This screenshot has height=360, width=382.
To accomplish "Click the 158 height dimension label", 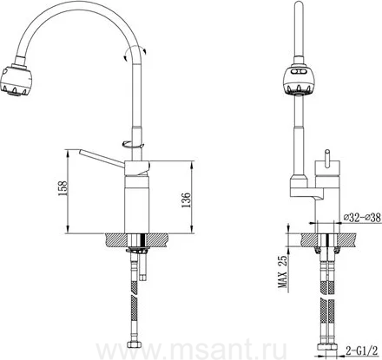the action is (x=63, y=188).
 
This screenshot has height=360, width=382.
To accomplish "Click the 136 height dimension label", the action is (x=186, y=200).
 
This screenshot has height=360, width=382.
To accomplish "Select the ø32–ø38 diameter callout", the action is (x=362, y=218).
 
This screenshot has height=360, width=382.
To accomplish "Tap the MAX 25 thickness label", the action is (x=283, y=272).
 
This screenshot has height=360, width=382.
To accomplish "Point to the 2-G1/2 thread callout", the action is (x=362, y=351).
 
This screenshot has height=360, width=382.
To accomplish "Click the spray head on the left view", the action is (x=16, y=79).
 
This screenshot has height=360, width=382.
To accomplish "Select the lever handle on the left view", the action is (x=102, y=159).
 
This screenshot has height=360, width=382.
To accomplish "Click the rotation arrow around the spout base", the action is (x=133, y=144).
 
